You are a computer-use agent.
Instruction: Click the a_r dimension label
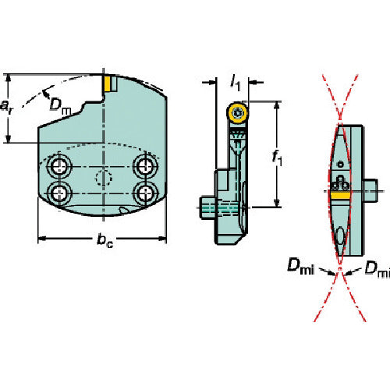click(x=5, y=107)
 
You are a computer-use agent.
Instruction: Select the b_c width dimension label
click(x=105, y=240)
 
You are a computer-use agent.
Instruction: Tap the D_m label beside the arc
click(x=60, y=105)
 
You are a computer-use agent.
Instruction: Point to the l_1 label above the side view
click(x=236, y=83)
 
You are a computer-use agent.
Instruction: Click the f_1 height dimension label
click(x=277, y=158)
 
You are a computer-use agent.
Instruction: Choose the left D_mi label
click(x=300, y=267)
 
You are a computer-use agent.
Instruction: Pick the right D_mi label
click(x=377, y=268)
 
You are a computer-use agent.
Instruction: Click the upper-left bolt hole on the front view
click(x=59, y=166)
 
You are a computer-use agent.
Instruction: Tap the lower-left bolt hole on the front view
click(x=59, y=193)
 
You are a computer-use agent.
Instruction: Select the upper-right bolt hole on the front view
click(x=145, y=165)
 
